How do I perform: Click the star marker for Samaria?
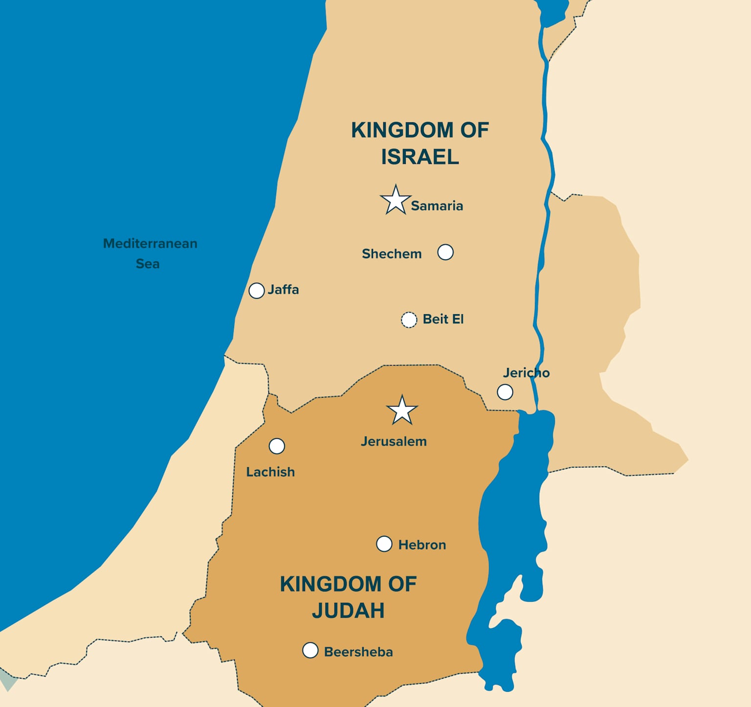395,200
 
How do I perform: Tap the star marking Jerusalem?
402,411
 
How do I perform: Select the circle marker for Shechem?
445,252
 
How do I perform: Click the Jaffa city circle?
257,291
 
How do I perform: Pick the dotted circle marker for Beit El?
409,320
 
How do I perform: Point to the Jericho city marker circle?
505,392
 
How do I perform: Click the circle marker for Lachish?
277,446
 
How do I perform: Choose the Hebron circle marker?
384,544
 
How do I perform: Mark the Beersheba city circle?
310,650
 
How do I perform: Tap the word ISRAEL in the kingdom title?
420,157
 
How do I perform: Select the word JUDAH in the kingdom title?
348,611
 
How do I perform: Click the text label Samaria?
437,206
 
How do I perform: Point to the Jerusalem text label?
394,441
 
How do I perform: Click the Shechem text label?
392,254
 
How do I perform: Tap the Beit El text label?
443,319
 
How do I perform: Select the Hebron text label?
422,545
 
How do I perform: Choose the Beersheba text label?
358,652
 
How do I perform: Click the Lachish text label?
270,472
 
